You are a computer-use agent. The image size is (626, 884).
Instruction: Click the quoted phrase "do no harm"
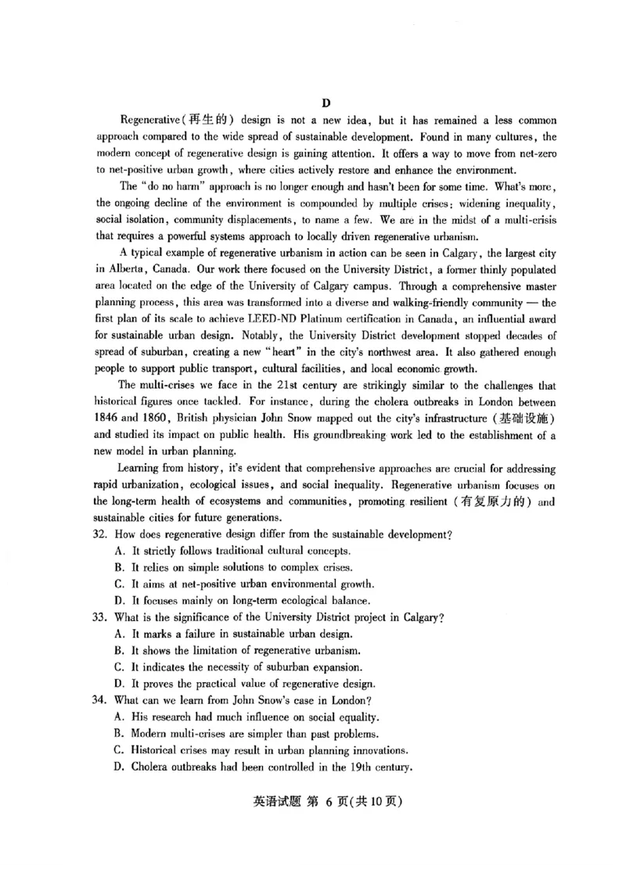(172, 186)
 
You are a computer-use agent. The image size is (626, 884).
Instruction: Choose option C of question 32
(120, 584)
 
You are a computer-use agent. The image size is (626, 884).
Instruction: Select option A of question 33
(120, 634)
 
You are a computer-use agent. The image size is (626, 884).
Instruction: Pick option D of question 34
(120, 766)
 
